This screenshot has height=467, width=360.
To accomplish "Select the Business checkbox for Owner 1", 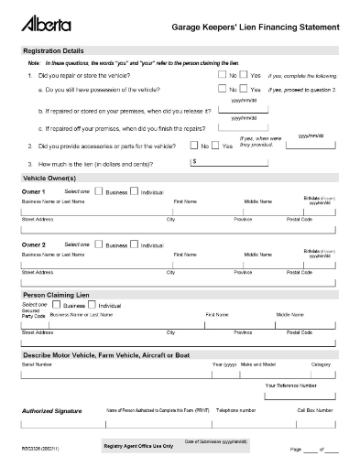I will coord(99,191).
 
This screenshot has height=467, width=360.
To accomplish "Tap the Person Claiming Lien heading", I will coord(57,296).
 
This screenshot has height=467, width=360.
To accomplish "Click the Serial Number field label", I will coord(38,364).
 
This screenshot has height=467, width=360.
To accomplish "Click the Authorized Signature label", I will coord(51,411).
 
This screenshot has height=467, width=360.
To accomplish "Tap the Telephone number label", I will coord(235,410).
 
